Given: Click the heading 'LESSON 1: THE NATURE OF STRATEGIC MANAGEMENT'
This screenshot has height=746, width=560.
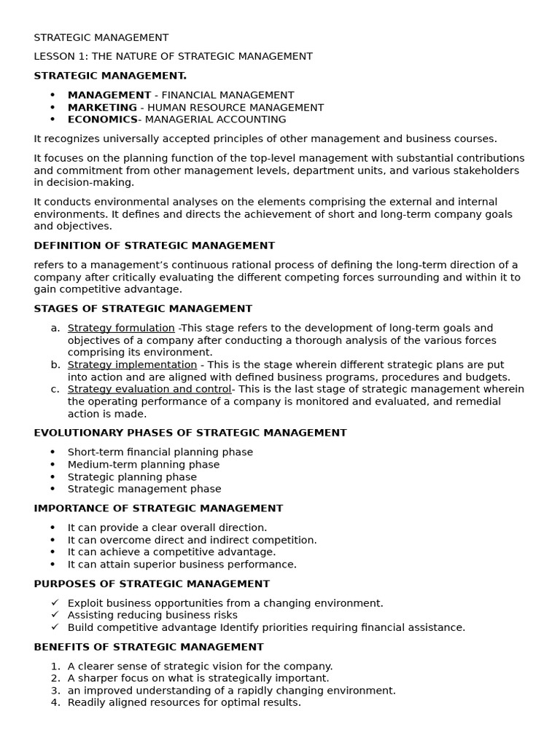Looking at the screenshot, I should tap(173, 56).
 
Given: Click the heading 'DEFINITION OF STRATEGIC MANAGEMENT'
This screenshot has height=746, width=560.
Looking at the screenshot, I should tap(154, 246).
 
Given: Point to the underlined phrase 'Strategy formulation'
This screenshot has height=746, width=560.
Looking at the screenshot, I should tap(121, 328).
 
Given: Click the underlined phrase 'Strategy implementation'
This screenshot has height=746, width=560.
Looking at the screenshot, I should tap(132, 364).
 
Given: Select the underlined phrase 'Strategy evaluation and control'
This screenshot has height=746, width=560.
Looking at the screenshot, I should tap(149, 389).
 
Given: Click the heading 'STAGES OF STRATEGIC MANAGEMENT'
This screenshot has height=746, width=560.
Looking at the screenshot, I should tap(143, 309).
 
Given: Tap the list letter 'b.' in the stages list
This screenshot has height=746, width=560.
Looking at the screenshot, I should tap(55, 364).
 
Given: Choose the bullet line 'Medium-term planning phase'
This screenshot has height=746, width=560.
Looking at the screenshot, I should tap(144, 464).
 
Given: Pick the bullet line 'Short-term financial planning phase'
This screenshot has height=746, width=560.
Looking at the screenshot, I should tap(160, 452).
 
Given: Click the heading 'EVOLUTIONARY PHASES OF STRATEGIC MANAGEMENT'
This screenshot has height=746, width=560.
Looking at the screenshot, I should tap(190, 433).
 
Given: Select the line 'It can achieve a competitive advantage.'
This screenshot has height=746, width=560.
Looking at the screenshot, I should tap(171, 552).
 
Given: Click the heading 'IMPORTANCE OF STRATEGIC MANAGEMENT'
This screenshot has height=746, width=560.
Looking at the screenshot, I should tap(158, 509).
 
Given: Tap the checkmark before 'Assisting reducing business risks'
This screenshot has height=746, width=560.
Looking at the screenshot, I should tap(55, 616).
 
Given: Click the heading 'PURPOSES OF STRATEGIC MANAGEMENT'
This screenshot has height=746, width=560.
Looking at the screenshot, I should tap(152, 584).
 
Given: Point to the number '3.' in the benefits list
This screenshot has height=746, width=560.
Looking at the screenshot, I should tap(55, 691).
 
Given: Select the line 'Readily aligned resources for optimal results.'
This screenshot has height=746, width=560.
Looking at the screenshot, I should tap(184, 702).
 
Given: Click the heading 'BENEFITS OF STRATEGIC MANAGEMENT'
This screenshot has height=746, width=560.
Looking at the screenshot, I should tap(149, 647).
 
